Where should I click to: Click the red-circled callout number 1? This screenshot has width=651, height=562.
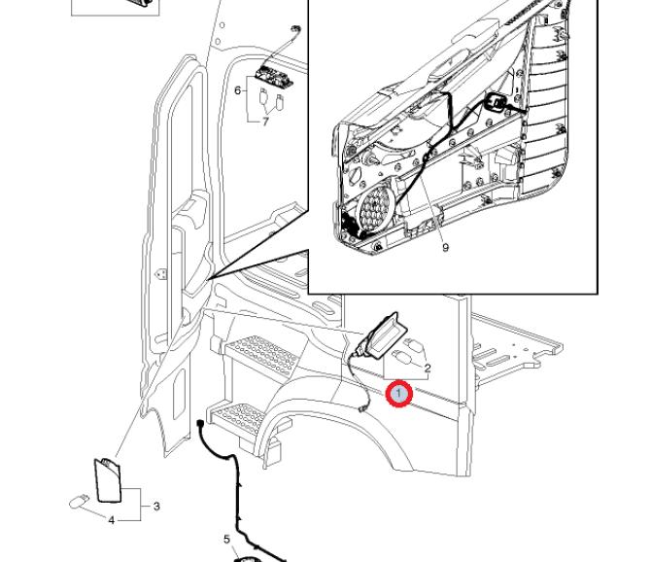pos(399,394)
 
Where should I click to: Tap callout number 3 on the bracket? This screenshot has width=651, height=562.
pos(156,506)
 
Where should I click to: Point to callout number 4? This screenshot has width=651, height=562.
pos(111,520)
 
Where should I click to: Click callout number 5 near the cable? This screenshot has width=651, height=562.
pos(226,538)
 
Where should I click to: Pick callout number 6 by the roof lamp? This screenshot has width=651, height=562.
pos(238,90)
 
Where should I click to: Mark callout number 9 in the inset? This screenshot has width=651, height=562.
pos(445,247)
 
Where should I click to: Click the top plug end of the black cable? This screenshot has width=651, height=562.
pos(199,426)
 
